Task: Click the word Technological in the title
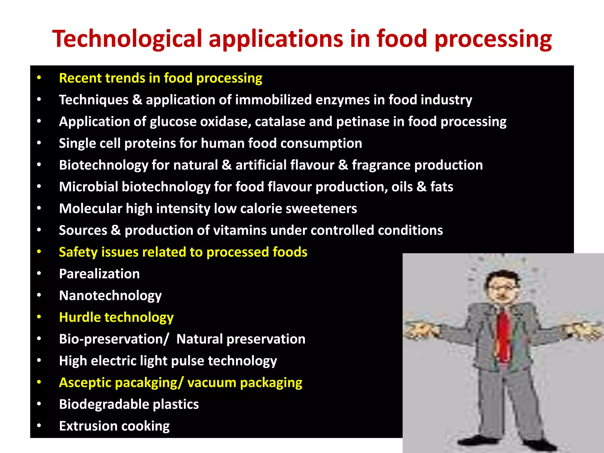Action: click(x=127, y=39)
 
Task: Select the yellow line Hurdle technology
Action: click(x=116, y=318)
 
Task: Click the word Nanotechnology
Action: click(x=110, y=296)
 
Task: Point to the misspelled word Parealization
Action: click(x=99, y=274)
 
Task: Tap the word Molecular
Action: click(x=91, y=209)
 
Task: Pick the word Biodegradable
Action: click(x=104, y=404)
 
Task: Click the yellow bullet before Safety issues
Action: click(x=39, y=252)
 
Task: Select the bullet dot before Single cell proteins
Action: click(x=39, y=143)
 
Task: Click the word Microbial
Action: click(x=88, y=187)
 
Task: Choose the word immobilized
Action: click(x=273, y=100)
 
